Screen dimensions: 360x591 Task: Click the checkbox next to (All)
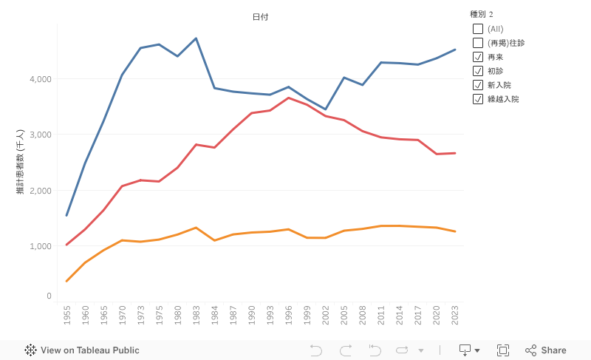click(x=478, y=29)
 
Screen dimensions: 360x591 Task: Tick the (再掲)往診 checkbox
click(x=478, y=43)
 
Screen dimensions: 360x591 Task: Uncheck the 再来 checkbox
click(x=478, y=57)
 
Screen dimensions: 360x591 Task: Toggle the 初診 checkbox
click(x=478, y=71)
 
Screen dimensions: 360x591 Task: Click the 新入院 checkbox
click(x=478, y=85)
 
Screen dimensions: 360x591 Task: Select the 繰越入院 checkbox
click(x=478, y=99)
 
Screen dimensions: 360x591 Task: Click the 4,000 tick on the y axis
click(x=40, y=79)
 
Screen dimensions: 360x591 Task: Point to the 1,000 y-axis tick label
click(x=40, y=246)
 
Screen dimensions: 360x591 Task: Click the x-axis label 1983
click(x=196, y=316)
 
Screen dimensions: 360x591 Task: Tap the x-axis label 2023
click(x=454, y=316)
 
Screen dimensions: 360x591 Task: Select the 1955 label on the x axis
click(x=66, y=316)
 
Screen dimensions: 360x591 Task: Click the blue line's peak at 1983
click(x=196, y=38)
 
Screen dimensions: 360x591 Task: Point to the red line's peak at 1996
click(x=288, y=98)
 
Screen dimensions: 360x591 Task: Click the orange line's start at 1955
click(x=66, y=281)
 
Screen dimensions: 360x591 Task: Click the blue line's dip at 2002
click(x=325, y=109)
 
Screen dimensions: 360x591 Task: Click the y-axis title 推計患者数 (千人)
click(x=21, y=163)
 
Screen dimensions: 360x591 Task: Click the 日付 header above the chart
click(x=260, y=16)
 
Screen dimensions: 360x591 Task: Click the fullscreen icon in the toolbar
click(x=503, y=350)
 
